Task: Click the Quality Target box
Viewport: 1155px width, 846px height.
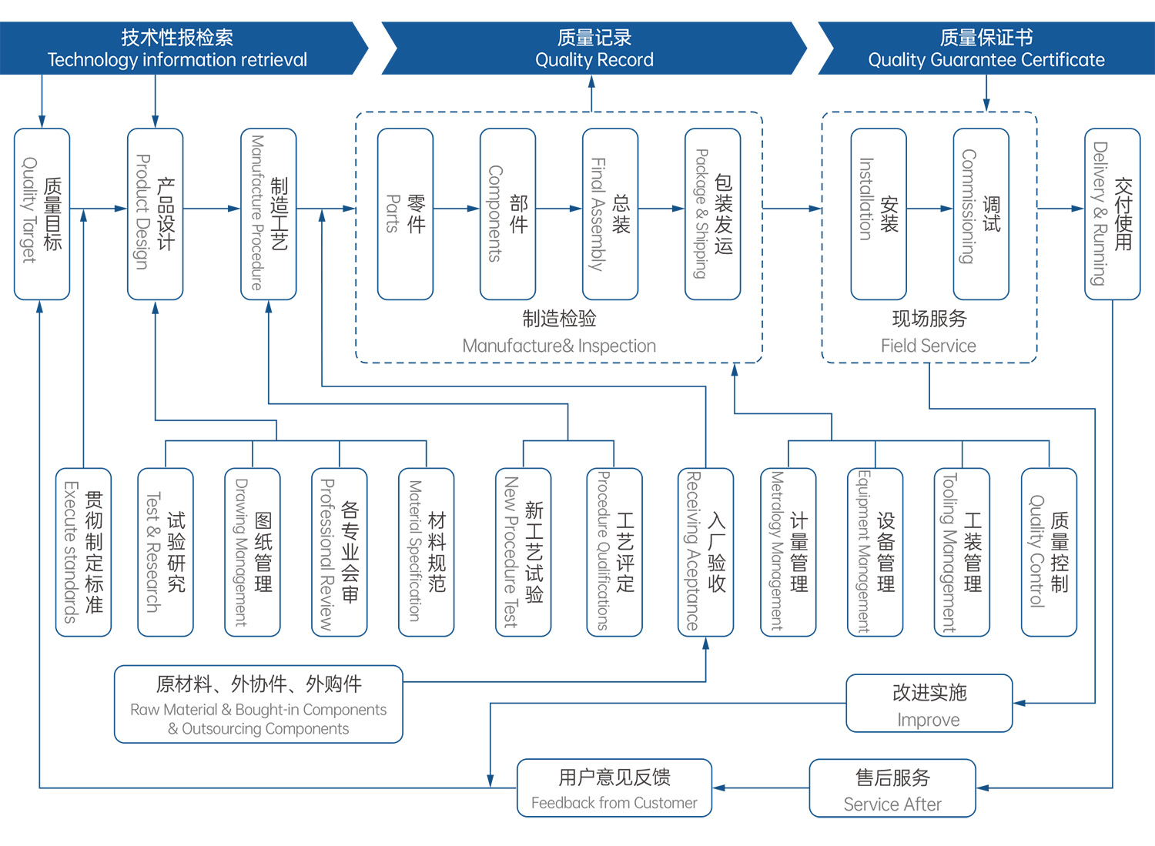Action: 42,214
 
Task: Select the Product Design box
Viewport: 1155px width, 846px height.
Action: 155,214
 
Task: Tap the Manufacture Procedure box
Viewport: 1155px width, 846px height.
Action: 268,214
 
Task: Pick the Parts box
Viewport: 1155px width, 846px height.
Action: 405,214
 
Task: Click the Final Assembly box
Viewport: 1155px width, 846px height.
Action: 610,214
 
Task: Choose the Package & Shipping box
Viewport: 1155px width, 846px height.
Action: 712,214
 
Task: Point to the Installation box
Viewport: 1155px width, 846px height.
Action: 878,214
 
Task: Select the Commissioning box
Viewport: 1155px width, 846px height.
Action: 980,214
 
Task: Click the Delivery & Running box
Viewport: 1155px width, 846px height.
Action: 1112,214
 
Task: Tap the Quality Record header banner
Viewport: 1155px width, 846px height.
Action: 594,48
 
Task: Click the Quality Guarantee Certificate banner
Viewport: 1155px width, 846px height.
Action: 986,48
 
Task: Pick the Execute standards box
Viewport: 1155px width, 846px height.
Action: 83,552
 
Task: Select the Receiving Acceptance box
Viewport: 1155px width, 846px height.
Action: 705,552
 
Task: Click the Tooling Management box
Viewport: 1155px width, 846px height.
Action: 961,552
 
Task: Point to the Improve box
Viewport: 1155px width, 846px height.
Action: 929,704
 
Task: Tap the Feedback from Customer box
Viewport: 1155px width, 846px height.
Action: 614,787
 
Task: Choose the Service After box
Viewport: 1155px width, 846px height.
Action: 892,788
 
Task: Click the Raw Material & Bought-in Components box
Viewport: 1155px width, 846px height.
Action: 258,704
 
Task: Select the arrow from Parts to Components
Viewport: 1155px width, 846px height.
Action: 456,209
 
